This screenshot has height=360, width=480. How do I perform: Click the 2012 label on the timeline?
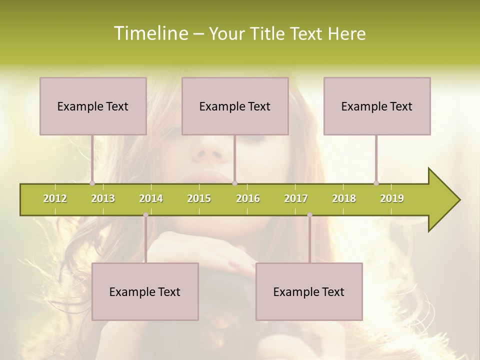pyautogui.click(x=55, y=198)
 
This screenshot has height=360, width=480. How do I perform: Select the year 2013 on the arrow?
pyautogui.click(x=103, y=198)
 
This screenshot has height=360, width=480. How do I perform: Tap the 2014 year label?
pyautogui.click(x=151, y=198)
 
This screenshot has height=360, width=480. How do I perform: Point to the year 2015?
pyautogui.click(x=199, y=198)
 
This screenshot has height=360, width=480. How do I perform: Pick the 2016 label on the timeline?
pyautogui.click(x=248, y=198)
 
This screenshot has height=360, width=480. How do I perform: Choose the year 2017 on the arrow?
pyautogui.click(x=296, y=198)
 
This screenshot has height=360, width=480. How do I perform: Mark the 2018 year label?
pyautogui.click(x=344, y=198)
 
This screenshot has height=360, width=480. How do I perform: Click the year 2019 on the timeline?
pyautogui.click(x=392, y=198)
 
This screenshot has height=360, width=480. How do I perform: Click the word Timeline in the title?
pyautogui.click(x=149, y=33)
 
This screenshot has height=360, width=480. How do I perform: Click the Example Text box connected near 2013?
pyautogui.click(x=93, y=106)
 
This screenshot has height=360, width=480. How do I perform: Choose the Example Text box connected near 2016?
pyautogui.click(x=235, y=106)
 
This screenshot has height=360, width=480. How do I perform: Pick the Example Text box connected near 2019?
pyautogui.click(x=377, y=106)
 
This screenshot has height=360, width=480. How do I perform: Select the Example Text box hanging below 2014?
pyautogui.click(x=145, y=291)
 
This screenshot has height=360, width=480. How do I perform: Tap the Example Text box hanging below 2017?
pyautogui.click(x=309, y=291)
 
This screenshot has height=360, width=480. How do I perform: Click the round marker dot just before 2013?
pyautogui.click(x=92, y=183)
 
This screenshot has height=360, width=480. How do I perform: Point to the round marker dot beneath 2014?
pyautogui.click(x=145, y=215)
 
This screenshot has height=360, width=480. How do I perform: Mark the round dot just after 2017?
pyautogui.click(x=309, y=215)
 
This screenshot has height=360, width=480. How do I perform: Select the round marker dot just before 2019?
pyautogui.click(x=376, y=183)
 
